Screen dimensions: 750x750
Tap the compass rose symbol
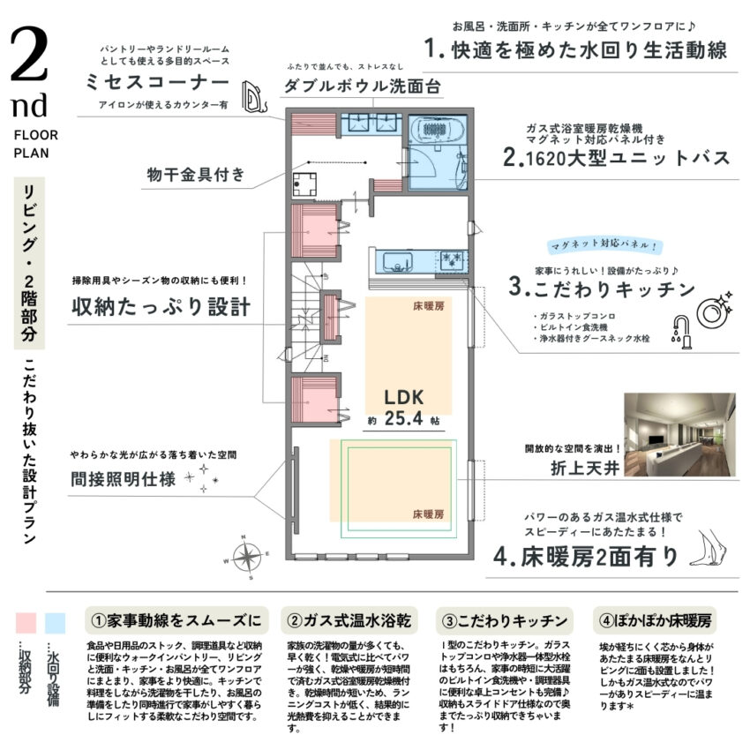coord(246,559)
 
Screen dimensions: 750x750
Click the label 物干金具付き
coord(196,175)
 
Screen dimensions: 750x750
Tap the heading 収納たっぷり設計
coord(161,307)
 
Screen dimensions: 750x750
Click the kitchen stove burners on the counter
coord(452,260)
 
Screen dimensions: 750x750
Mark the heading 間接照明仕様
coord(124,480)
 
